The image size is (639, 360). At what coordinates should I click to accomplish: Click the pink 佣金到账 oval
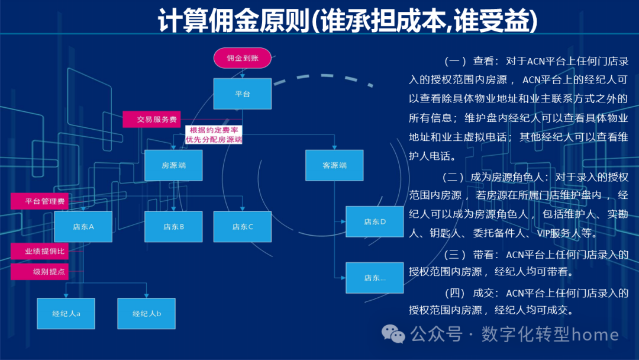pos(242,58)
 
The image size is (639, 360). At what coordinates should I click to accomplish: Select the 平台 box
pos(242,94)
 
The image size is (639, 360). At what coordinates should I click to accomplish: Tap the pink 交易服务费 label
pos(151,119)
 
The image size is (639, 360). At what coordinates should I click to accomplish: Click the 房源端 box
pos(173,165)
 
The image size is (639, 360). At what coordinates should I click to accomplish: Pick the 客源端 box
pos(334,165)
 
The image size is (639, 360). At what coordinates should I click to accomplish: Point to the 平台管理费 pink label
pos(40,201)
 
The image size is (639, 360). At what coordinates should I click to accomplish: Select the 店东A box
pos(83,226)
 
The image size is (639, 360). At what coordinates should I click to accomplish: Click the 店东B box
pos(173,226)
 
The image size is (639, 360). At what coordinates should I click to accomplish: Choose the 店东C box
pos(242,226)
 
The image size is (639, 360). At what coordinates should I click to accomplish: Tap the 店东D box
pos(375,222)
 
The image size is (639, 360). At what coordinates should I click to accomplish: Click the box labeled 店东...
pos(375,277)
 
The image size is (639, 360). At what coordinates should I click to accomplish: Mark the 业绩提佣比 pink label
pos(40,251)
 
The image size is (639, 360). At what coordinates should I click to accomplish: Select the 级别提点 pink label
pos(40,272)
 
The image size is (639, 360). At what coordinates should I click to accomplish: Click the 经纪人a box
pos(66,313)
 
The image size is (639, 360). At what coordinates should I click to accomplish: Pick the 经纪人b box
pos(146,313)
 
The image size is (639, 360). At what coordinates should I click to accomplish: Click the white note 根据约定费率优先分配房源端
pos(214,135)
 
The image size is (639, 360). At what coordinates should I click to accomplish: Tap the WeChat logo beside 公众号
pos(393,335)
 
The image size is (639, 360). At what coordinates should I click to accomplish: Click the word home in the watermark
pos(595,335)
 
